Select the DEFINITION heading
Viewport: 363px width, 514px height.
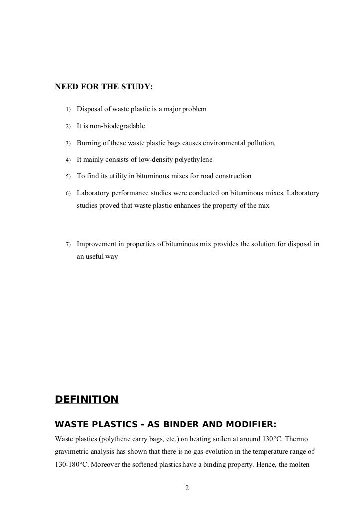click(x=86, y=399)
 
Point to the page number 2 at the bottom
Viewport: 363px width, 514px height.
click(x=187, y=487)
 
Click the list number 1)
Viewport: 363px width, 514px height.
click(x=68, y=109)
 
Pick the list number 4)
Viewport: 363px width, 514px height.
click(x=68, y=160)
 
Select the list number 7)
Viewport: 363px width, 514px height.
click(x=68, y=244)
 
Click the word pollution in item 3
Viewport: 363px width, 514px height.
click(x=259, y=143)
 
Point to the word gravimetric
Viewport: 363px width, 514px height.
click(x=74, y=453)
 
